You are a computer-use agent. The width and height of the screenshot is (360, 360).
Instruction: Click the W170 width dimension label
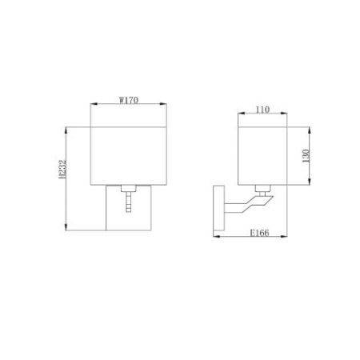[128, 100]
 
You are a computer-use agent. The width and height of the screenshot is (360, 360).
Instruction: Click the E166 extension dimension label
[257, 233]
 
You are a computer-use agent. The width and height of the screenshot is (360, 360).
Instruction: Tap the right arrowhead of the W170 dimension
[164, 104]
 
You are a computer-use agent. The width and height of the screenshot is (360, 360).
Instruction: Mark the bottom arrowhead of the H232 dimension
[70, 231]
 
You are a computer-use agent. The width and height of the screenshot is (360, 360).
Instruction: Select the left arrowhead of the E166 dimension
[214, 237]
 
